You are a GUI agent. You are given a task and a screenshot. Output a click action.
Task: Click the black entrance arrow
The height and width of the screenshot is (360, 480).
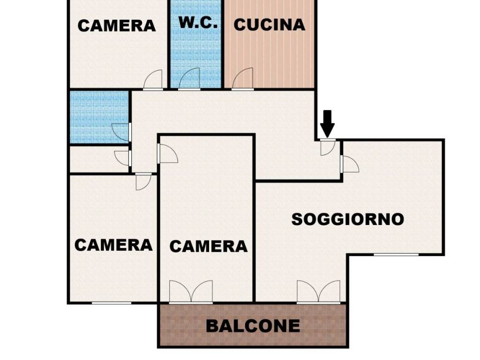(x=328, y=123)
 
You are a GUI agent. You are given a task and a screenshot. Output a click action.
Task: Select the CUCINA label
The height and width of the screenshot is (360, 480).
(x=270, y=24)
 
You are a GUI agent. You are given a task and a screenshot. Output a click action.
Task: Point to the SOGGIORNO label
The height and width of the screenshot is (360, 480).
(x=348, y=219)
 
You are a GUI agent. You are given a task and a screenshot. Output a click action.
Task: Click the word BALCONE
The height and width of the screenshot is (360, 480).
(x=253, y=325)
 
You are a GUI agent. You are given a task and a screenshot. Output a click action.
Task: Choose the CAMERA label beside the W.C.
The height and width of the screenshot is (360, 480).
(x=117, y=25)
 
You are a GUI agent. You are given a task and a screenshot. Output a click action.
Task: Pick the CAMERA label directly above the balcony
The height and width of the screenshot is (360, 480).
(x=208, y=246)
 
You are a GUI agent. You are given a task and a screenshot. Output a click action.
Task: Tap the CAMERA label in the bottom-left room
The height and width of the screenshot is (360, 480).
(x=114, y=245)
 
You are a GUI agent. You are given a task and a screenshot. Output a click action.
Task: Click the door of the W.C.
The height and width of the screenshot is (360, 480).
(x=190, y=79)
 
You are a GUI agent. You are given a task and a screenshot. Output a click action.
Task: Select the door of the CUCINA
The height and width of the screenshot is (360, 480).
(x=243, y=79)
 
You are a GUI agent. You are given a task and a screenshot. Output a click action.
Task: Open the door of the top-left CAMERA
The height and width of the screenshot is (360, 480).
(x=153, y=80)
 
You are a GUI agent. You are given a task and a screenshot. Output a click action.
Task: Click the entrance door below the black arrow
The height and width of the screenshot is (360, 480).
(x=327, y=147)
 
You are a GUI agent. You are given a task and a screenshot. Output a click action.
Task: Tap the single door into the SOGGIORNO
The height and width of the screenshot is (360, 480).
(x=350, y=164)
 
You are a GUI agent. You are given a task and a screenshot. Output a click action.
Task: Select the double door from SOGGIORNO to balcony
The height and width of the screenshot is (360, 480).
(x=318, y=292)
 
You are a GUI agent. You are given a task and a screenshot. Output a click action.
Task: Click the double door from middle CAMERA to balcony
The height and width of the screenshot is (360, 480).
(x=191, y=292)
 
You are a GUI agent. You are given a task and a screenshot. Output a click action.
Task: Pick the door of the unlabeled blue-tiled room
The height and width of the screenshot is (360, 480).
(x=121, y=132)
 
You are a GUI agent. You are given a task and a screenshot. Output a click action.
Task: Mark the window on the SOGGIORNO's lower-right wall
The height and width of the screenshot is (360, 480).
(x=396, y=255)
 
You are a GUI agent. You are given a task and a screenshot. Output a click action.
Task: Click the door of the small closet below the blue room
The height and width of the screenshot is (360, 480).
(x=123, y=158)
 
